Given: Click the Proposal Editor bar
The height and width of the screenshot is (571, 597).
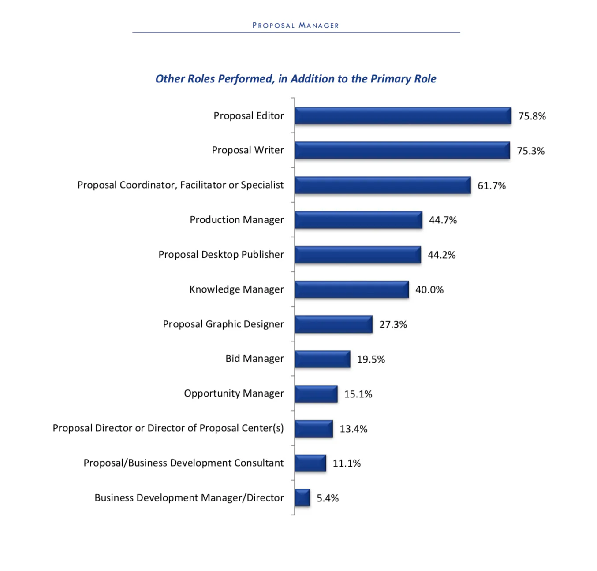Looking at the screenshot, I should click(x=403, y=116).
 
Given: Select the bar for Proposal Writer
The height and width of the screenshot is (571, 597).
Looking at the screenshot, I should click(x=402, y=150).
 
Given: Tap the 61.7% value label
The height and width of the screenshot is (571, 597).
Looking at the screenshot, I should click(x=492, y=185).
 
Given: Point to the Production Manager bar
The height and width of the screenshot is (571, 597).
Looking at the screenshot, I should click(x=358, y=220).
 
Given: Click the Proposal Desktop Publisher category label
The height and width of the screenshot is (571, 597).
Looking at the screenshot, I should click(x=221, y=255).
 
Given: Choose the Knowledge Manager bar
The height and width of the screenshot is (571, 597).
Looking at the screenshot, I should click(x=351, y=289).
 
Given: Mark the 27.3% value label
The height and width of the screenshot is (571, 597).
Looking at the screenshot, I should click(x=393, y=325).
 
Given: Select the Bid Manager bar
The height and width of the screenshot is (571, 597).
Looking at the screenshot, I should click(x=322, y=359).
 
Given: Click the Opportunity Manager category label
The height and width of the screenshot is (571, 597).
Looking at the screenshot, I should click(x=234, y=393).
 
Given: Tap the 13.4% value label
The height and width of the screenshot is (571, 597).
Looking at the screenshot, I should click(x=353, y=429).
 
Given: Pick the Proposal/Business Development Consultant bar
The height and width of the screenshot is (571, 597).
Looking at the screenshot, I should click(x=310, y=463).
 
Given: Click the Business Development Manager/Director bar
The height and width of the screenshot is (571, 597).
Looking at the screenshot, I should click(x=302, y=498).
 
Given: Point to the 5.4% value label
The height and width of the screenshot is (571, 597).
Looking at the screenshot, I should click(x=328, y=498).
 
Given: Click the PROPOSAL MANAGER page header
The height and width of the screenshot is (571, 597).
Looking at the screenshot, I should click(x=295, y=26).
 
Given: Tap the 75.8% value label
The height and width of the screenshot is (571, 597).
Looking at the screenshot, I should click(x=532, y=116).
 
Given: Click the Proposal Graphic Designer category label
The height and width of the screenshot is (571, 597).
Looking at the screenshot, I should click(x=223, y=324).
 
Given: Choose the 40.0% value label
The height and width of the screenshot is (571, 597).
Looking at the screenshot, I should click(x=429, y=290).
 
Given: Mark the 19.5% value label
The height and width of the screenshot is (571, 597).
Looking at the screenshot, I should click(x=371, y=360).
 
